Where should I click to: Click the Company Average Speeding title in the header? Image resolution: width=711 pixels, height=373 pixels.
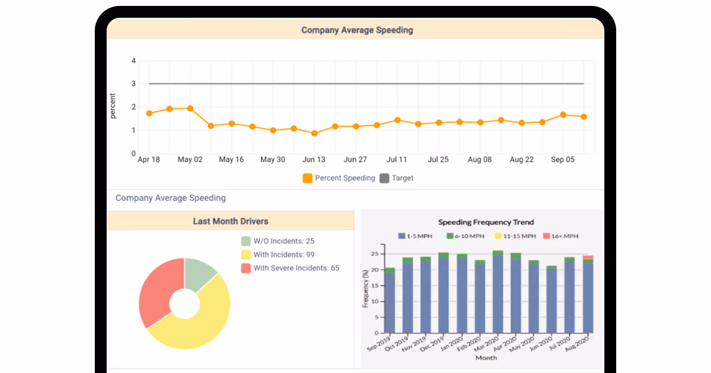tap(357, 30)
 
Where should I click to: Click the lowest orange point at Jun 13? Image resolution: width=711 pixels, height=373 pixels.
tap(314, 134)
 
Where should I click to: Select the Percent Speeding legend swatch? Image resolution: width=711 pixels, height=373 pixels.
tap(308, 178)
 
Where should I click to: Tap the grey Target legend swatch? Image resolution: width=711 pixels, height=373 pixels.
tap(385, 178)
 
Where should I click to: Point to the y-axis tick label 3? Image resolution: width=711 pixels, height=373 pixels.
tap(134, 83)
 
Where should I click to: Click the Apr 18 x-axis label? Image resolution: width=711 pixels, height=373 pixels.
tap(149, 159)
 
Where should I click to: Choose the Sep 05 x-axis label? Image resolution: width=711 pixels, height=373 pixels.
tap(562, 159)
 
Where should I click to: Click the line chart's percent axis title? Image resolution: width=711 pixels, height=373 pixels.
tap(113, 106)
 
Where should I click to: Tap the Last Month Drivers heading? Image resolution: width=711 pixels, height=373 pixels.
tap(230, 221)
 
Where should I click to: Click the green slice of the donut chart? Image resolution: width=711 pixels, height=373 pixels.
tap(198, 272)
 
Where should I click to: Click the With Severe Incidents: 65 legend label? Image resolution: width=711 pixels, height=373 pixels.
tap(296, 268)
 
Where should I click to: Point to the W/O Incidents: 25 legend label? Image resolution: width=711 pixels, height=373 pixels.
tap(284, 241)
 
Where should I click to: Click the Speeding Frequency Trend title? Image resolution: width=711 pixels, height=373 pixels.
tap(486, 222)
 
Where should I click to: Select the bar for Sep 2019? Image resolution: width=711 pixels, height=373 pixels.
tap(389, 300)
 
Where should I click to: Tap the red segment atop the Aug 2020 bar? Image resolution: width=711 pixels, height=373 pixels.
tap(588, 258)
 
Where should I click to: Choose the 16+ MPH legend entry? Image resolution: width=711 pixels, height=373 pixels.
tap(561, 236)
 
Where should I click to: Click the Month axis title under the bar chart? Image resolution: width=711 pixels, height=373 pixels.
tap(486, 358)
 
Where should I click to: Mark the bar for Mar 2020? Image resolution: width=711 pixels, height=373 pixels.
tap(498, 292)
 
